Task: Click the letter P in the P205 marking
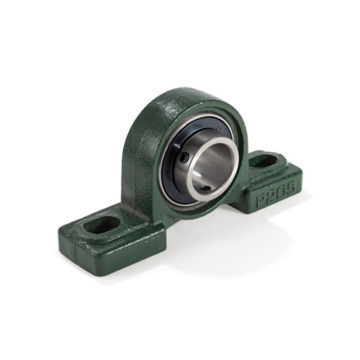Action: click(261, 199)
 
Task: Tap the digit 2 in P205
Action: click(271, 195)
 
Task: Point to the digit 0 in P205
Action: click(282, 192)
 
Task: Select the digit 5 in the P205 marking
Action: click(290, 187)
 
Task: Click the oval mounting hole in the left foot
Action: click(102, 225)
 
